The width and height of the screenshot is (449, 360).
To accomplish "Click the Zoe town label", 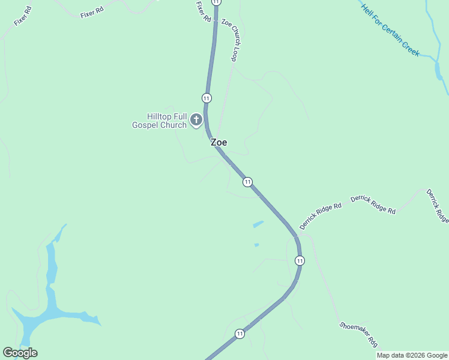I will tap(218, 143).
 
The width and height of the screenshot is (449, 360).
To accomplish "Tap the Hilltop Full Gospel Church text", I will tap(159, 121).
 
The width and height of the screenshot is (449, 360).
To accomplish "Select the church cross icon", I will tap(196, 120).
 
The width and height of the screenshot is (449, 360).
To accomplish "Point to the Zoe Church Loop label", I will tap(231, 40).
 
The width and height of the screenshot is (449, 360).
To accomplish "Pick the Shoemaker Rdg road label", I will tap(359, 334).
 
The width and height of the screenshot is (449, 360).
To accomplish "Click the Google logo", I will tap(20, 353).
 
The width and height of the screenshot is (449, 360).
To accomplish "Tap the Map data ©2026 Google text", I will tap(412, 355).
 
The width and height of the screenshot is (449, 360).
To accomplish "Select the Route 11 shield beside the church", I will tap(206, 98).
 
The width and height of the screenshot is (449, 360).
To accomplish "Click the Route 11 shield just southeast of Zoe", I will tap(247, 182).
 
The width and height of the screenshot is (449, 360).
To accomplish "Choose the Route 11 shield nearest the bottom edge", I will tap(240, 334).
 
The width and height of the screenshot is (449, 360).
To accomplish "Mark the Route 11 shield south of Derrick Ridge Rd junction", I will tap(300, 260).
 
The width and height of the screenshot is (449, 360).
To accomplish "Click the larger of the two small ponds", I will tap(258, 224).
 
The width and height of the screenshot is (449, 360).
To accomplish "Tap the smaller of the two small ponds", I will tap(256, 245).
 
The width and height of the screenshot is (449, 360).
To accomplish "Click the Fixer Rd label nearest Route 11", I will tap(203, 12).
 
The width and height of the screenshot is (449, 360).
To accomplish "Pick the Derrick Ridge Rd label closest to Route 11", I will tap(321, 216).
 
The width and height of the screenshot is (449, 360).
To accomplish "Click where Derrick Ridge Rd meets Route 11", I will tap(297, 234).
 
